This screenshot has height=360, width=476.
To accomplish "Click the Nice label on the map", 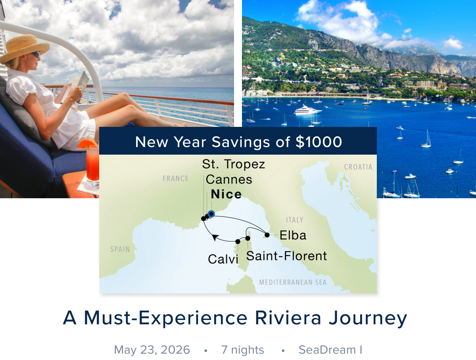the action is coord(226,194).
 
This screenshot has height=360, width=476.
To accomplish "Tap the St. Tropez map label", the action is coord(234,164).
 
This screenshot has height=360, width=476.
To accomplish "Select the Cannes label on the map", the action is coord(229,180).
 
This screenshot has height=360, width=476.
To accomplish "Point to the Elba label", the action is coord(293,235).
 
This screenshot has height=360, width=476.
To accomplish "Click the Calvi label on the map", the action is coord(223,259).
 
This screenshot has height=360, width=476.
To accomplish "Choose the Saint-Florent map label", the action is coord(286,256).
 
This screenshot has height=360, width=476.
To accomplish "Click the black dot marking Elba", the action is coord(267,235).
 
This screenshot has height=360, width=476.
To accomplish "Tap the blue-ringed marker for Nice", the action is coord(211,214).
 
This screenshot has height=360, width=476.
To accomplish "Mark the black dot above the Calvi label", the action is coord(238,241).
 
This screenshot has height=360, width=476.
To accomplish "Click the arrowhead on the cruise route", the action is coord(215,237).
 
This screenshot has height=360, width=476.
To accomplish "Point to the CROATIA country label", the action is coord(358,167).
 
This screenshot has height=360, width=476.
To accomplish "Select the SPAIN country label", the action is coord(120,249).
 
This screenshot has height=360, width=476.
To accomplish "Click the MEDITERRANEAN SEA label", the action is coord(293,282).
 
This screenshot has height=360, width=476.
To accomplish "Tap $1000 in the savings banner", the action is coord(319,142).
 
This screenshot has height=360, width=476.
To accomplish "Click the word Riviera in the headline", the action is coord(288,318).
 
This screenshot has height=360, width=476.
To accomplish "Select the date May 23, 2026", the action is coord(152,350).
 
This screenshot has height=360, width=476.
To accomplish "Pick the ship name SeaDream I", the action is coord(330,350).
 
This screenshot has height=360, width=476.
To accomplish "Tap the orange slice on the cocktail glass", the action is coord(87,144).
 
